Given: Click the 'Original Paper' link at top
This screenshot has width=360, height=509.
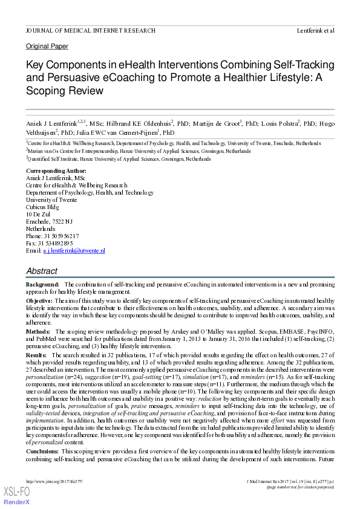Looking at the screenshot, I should coord(47,47).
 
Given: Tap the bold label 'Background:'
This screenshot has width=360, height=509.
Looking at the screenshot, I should coord(42,284).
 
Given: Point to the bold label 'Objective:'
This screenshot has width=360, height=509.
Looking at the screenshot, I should coord(39,300).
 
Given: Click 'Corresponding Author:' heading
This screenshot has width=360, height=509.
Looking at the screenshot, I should coord(56,171).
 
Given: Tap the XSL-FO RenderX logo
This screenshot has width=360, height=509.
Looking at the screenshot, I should coord(17,496).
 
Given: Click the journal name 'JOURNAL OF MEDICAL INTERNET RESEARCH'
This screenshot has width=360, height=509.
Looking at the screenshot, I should coord(90,30).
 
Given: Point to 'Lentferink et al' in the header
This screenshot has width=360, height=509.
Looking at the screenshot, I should coord(315,30).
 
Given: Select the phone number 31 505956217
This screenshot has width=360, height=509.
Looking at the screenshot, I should coord(61,236).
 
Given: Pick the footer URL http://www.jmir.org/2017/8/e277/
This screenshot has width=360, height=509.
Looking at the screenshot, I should coord(54,482).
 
